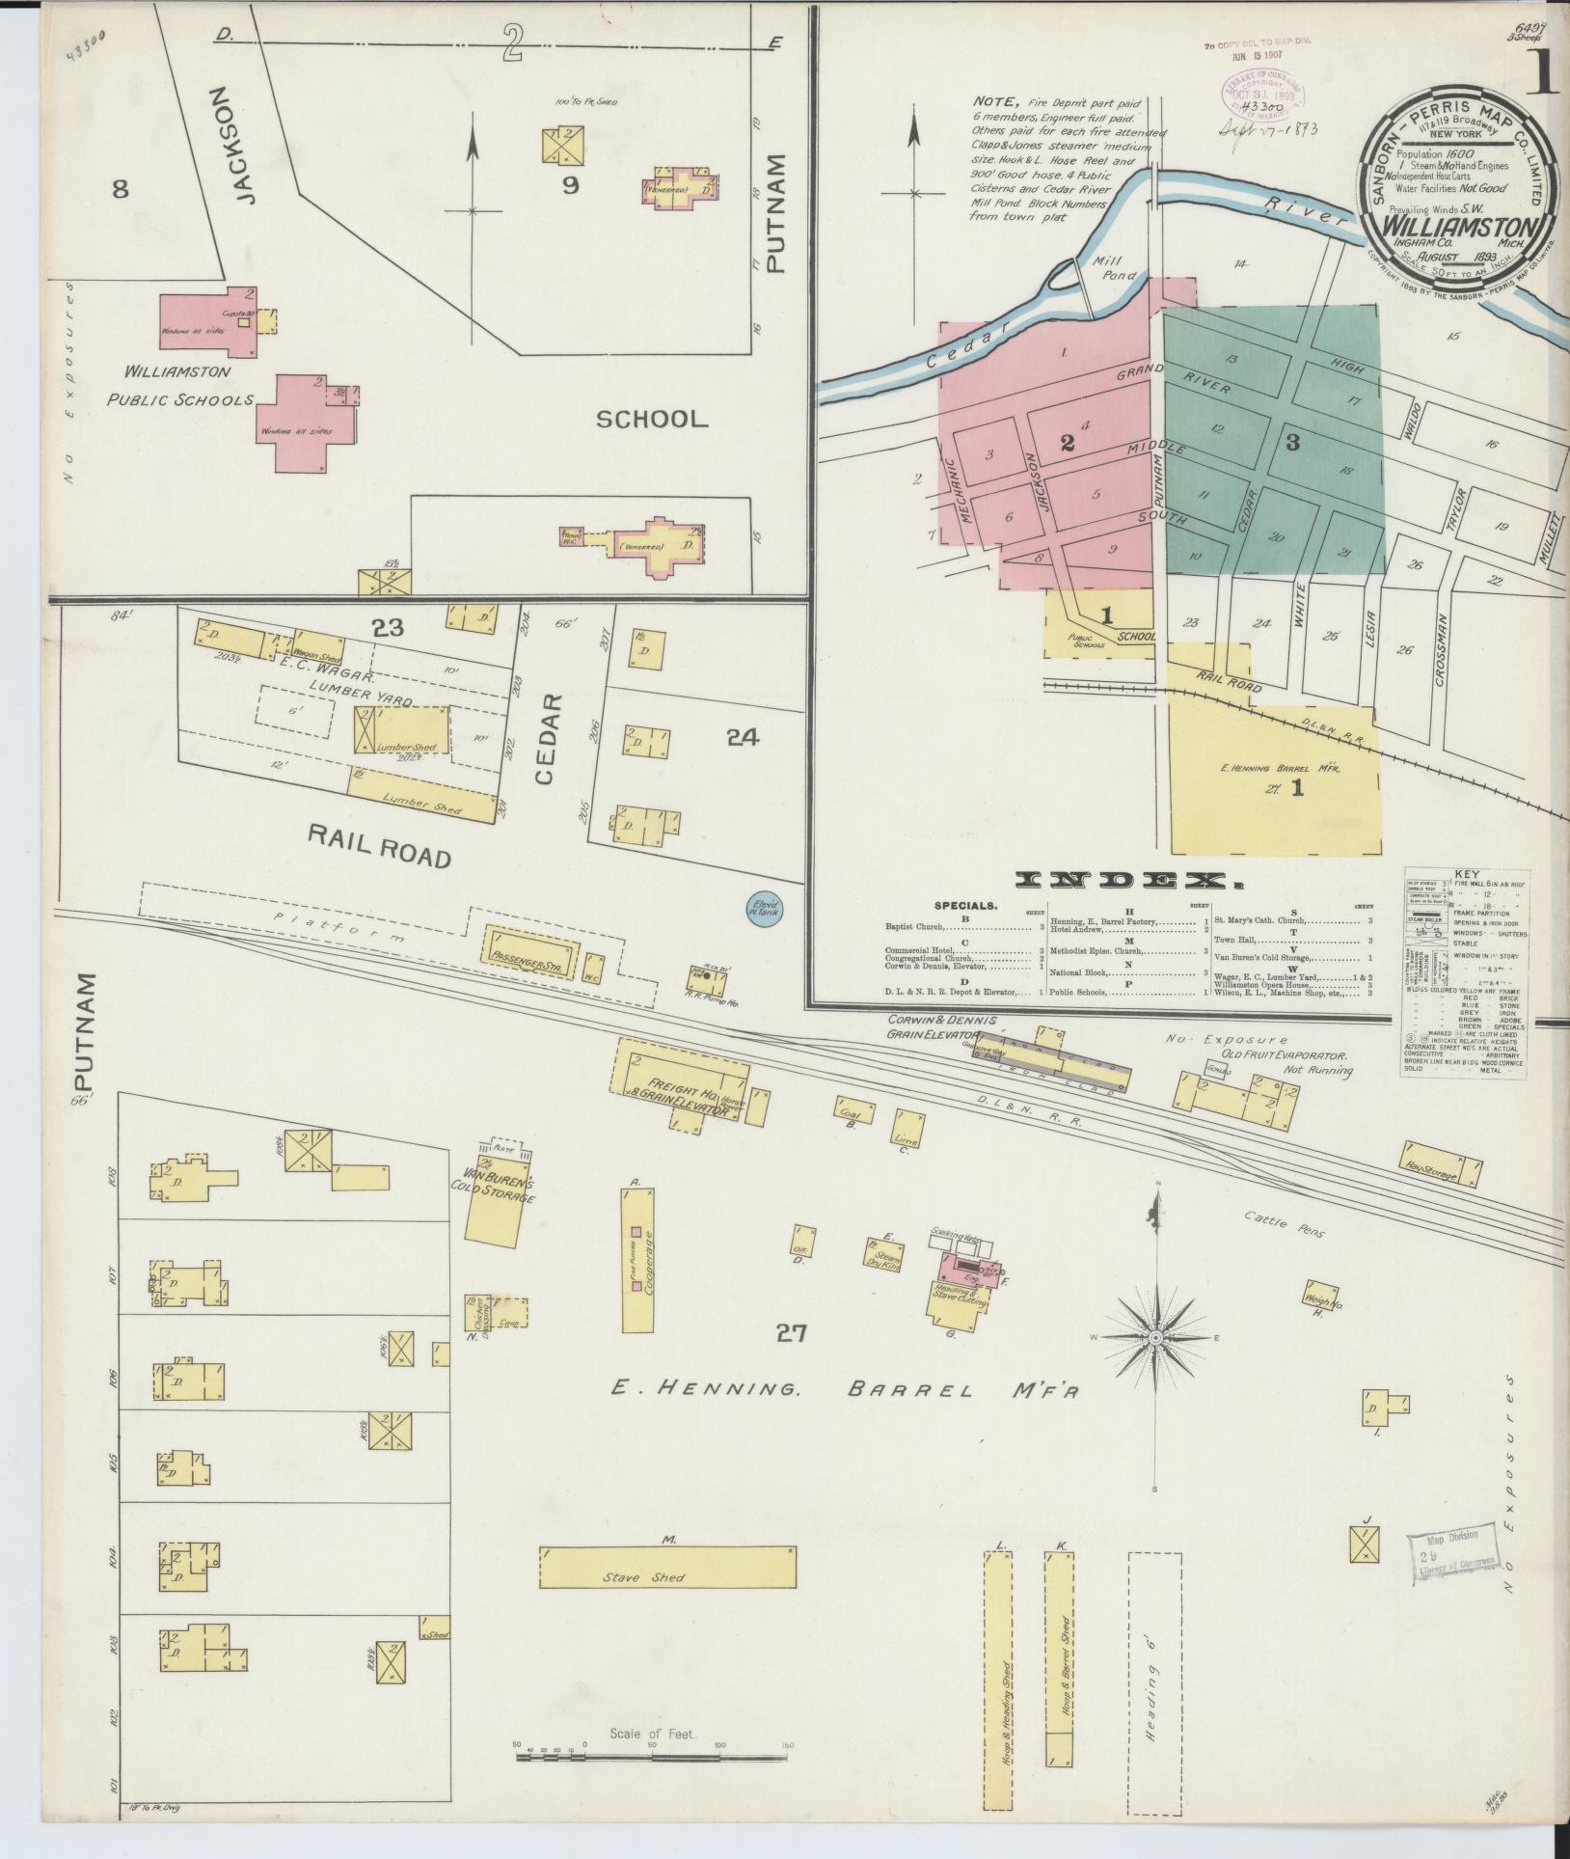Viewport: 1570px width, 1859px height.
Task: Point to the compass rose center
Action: point(1155,1338)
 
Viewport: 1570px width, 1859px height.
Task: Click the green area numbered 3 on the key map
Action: point(1292,443)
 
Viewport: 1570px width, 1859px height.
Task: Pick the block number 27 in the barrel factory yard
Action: point(792,1333)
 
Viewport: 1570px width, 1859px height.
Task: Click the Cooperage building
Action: point(637,1254)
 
